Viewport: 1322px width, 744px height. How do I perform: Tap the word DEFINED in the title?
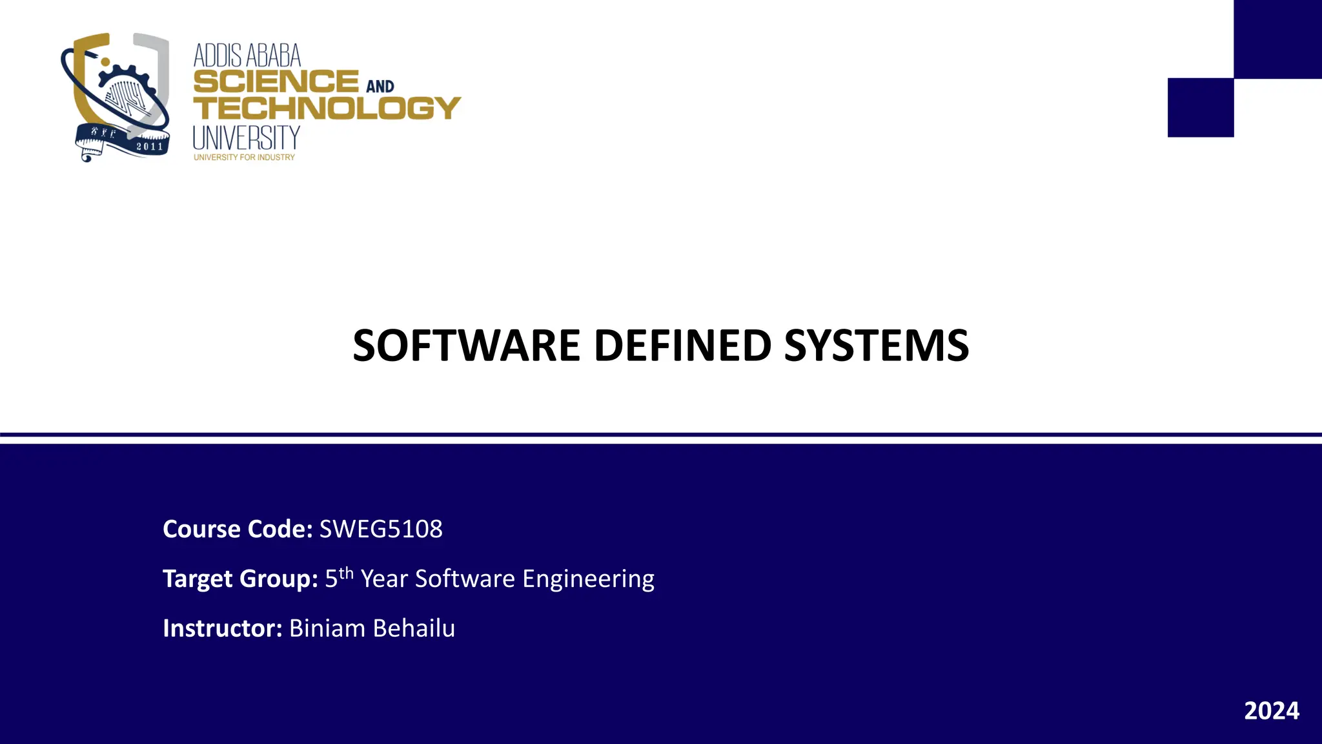[x=682, y=346]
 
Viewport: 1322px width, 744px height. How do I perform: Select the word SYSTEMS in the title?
[x=876, y=346]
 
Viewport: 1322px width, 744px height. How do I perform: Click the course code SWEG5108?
[x=381, y=529]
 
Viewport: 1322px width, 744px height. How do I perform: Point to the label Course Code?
[x=238, y=529]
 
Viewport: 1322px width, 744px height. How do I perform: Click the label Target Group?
[x=240, y=579]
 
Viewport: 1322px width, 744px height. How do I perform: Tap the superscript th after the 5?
[x=347, y=573]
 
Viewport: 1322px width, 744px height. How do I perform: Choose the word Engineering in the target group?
[x=588, y=579]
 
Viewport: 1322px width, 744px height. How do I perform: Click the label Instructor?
[x=223, y=628]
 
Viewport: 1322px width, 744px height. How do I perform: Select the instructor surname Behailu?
[x=414, y=628]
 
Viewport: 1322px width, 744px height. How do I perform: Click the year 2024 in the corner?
[x=1271, y=710]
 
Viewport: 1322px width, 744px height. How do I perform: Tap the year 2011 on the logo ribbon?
[x=150, y=147]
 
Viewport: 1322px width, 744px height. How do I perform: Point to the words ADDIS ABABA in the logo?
[x=247, y=56]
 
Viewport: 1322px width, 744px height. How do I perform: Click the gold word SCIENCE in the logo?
[x=276, y=82]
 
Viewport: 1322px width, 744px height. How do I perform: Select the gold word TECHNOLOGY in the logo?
[x=327, y=108]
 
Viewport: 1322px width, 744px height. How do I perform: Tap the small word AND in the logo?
[x=380, y=87]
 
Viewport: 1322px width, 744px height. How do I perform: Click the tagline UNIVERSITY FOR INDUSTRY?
[x=244, y=158]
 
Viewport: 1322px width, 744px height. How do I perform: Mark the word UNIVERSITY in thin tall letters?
[x=247, y=138]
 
